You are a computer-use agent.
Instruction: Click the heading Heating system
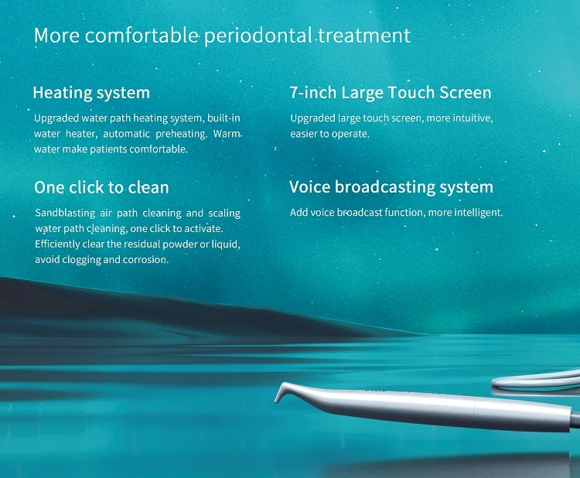pyautogui.click(x=91, y=93)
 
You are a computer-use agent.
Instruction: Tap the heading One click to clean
pyautogui.click(x=101, y=187)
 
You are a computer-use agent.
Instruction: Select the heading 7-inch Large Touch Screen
pyautogui.click(x=391, y=93)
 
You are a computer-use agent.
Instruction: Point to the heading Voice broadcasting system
pyautogui.click(x=391, y=187)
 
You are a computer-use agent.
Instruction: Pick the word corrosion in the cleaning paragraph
pyautogui.click(x=145, y=259)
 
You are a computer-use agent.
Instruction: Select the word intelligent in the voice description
pyautogui.click(x=477, y=212)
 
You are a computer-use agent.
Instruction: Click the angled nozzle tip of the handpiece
pyautogui.click(x=281, y=394)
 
